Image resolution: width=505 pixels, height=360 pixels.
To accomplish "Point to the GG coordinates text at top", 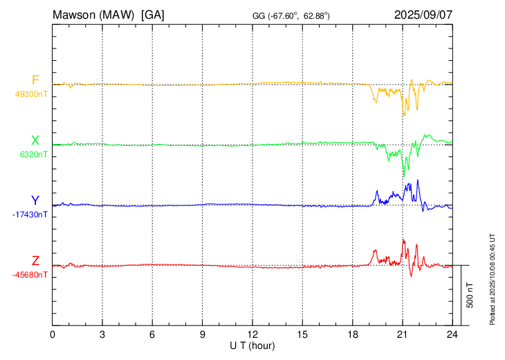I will [x=291, y=15].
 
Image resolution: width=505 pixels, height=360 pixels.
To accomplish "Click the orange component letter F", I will [x=35, y=80].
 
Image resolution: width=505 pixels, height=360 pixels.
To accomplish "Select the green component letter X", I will [x=35, y=141].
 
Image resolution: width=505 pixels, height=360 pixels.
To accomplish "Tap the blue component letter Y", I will [x=35, y=201].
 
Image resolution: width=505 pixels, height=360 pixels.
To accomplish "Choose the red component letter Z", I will [x=35, y=261].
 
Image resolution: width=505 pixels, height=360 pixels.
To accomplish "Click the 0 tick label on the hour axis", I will [x=53, y=334].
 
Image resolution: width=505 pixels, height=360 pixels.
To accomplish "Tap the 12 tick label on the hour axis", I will [x=252, y=334].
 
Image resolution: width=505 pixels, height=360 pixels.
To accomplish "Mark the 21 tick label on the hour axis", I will [x=403, y=334].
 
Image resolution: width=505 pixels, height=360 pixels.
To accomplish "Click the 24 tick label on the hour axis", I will [x=452, y=334].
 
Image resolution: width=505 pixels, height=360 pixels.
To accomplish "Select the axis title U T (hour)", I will [x=252, y=345].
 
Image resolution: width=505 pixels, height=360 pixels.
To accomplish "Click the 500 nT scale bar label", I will [x=470, y=295].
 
